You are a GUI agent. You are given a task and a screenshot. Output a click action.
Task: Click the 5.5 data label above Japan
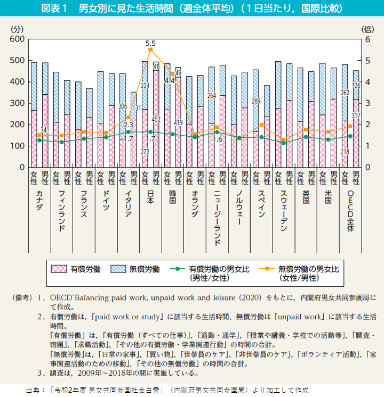tap(150, 43)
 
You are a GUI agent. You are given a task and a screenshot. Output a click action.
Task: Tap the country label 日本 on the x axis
tap(150, 201)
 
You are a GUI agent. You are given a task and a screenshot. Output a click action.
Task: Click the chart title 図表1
tap(59, 10)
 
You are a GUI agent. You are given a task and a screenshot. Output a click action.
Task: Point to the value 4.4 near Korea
tap(170, 81)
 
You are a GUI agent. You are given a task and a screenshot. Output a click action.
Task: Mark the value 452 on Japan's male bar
tap(157, 119)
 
